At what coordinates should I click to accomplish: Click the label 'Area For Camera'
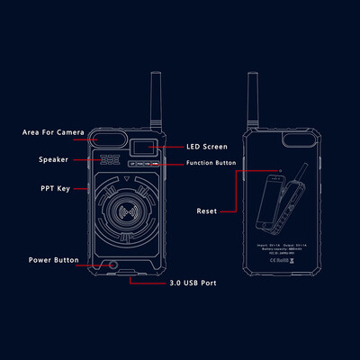53,132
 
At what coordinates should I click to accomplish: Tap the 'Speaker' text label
53,159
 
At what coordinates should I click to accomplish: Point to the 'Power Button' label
51,260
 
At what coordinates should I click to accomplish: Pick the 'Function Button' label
212,163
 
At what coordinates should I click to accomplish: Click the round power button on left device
112,265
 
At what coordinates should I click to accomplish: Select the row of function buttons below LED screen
144,164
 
